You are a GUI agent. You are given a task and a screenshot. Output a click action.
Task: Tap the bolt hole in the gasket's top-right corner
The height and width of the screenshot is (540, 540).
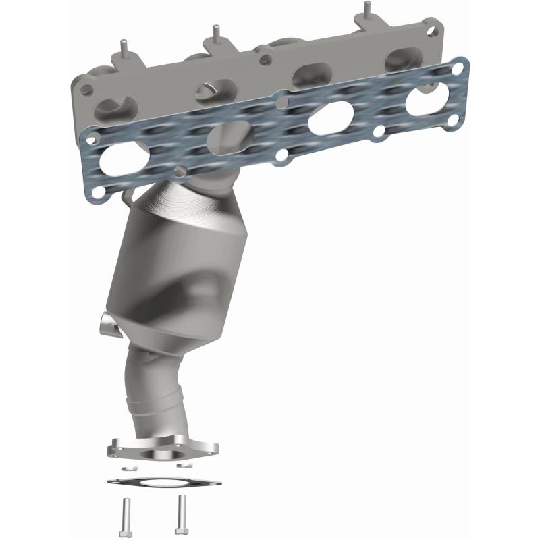[x=460, y=67]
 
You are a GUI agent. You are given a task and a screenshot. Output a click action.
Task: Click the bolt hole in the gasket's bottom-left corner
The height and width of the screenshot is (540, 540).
[x=99, y=194]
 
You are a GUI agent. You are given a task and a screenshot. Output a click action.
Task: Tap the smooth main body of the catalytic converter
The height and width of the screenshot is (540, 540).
[x=175, y=270]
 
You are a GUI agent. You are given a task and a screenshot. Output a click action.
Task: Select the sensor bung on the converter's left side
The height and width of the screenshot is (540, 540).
[x=109, y=323]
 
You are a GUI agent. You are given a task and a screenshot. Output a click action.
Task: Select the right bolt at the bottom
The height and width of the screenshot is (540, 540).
[x=182, y=510]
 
